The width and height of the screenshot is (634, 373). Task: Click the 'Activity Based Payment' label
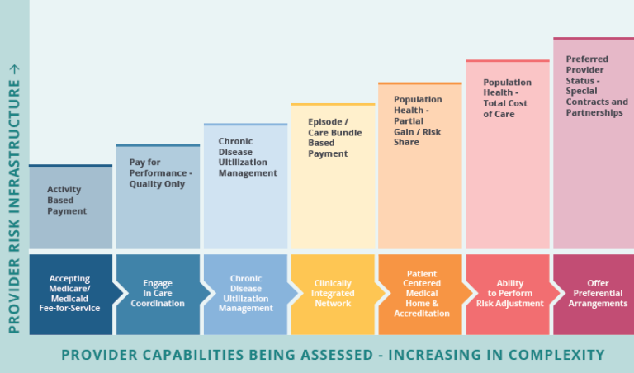(67, 201)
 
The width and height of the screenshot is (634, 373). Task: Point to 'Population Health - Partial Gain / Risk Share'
(418, 120)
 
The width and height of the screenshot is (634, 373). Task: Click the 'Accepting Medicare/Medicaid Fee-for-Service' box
(69, 294)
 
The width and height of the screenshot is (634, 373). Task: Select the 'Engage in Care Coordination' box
(157, 294)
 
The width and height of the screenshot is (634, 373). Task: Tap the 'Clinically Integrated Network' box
(333, 294)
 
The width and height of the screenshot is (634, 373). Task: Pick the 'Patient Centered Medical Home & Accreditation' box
(421, 294)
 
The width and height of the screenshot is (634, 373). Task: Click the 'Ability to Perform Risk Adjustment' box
(509, 294)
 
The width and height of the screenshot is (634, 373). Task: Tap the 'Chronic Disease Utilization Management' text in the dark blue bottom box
(245, 294)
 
